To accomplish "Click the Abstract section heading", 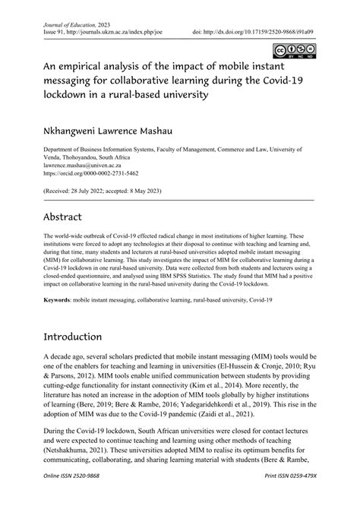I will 65,215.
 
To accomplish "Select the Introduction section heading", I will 84,336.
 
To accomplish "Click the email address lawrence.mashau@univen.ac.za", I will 83,165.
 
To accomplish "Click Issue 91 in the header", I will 55,33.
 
